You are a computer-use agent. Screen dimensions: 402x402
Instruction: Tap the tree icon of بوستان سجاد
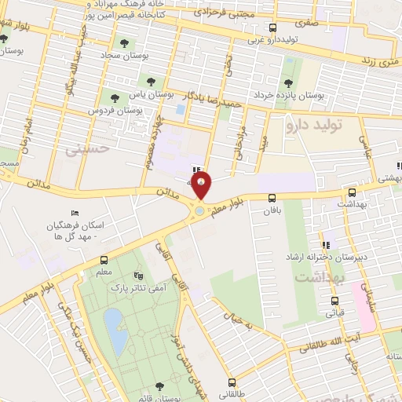click(x=122, y=42)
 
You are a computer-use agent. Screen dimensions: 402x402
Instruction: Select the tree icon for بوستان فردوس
click(x=115, y=98)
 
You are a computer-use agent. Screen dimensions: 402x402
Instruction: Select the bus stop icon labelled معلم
click(x=104, y=260)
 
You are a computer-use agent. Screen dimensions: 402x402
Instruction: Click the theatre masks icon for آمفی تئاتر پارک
click(x=139, y=276)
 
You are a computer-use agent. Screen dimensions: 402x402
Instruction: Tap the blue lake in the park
click(x=115, y=330)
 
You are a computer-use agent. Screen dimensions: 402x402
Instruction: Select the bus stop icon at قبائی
click(x=335, y=301)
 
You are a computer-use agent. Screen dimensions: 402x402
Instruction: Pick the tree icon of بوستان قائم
click(x=160, y=386)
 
